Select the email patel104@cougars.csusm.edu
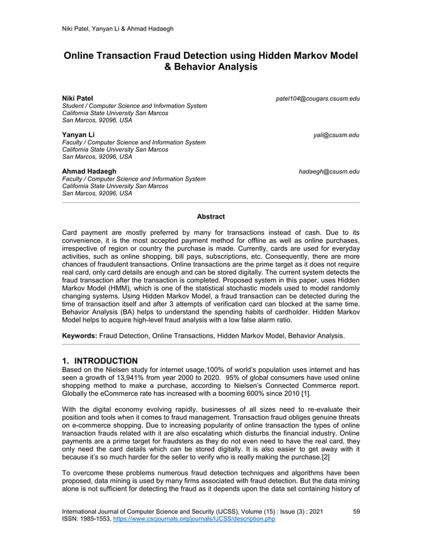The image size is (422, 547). (317, 99)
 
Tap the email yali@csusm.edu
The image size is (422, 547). (337, 135)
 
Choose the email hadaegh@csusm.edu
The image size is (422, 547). (329, 172)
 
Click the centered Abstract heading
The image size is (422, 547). (211, 217)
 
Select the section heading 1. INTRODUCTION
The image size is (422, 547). (99, 360)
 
